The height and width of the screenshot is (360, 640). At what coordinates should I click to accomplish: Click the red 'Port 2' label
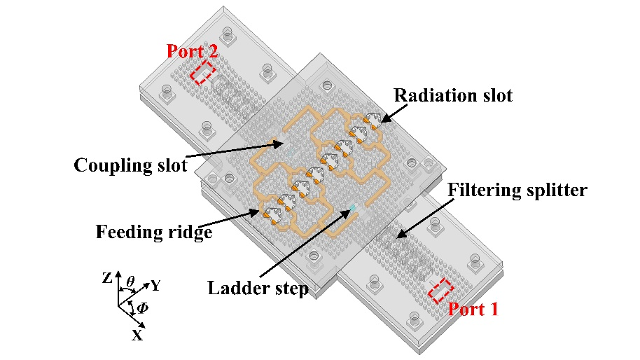[x=192, y=51]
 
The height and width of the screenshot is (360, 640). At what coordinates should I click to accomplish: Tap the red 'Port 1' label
[x=473, y=309]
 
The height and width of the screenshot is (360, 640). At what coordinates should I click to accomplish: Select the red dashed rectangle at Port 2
[x=204, y=72]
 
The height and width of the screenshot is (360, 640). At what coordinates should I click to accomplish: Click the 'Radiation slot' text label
[x=452, y=95]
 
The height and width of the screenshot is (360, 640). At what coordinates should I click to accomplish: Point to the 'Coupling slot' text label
[x=131, y=165]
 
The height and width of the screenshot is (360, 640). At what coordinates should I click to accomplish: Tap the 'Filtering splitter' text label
[x=517, y=190]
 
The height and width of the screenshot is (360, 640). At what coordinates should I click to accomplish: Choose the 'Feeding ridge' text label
[x=154, y=233]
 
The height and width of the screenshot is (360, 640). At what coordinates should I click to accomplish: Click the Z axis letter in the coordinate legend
[x=107, y=278]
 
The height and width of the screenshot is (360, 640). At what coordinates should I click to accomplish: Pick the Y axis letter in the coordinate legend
[x=156, y=286]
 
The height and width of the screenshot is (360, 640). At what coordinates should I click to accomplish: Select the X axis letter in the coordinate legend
[x=137, y=335]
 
